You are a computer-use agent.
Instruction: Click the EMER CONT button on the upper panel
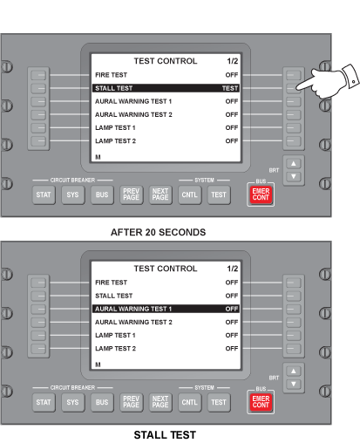261,194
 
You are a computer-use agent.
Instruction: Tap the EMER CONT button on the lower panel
261,402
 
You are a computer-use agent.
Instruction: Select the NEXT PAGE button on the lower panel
160,402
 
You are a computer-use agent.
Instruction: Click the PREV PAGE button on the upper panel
132,194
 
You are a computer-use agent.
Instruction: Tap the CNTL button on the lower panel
189,402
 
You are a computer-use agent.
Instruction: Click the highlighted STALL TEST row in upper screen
166,88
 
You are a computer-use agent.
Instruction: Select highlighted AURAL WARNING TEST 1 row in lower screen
166,309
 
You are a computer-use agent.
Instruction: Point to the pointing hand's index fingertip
298,87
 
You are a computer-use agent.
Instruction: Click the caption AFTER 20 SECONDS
159,232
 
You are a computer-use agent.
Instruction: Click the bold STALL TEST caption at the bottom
165,435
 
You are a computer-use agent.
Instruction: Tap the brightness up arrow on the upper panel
294,163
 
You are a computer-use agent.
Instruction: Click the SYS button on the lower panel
72,402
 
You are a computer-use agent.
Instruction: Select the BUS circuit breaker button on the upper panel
102,194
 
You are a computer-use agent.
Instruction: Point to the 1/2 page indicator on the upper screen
233,61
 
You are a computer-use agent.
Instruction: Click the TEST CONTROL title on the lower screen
166,269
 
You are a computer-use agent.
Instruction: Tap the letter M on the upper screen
98,157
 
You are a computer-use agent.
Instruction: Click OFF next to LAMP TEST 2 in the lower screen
232,348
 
